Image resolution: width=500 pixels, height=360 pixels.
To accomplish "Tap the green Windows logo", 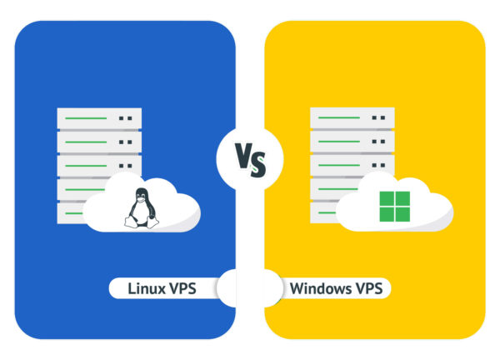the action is (394, 207).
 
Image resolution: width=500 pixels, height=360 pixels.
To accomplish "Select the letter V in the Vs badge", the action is (244, 156).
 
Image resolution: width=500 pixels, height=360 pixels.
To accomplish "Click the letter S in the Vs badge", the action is (258, 164).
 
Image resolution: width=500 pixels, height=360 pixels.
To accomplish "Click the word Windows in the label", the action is (321, 288).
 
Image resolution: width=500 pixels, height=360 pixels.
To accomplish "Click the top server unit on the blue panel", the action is (99, 118).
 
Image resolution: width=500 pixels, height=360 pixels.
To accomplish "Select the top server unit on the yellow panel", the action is (352, 118).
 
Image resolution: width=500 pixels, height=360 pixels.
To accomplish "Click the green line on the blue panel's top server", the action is (86, 118).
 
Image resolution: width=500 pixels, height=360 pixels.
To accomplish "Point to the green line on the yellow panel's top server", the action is (339, 117).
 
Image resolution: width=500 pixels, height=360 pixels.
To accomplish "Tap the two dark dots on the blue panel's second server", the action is (125, 142).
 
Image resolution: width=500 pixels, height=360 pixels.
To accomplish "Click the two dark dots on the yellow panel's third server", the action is (378, 165).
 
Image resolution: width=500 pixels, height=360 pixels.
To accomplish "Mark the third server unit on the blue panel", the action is (99, 166).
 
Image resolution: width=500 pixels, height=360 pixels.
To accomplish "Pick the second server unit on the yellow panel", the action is (352, 142).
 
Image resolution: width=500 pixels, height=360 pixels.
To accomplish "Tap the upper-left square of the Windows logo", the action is (387, 198).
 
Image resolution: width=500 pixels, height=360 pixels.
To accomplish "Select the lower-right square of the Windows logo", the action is (402, 215).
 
